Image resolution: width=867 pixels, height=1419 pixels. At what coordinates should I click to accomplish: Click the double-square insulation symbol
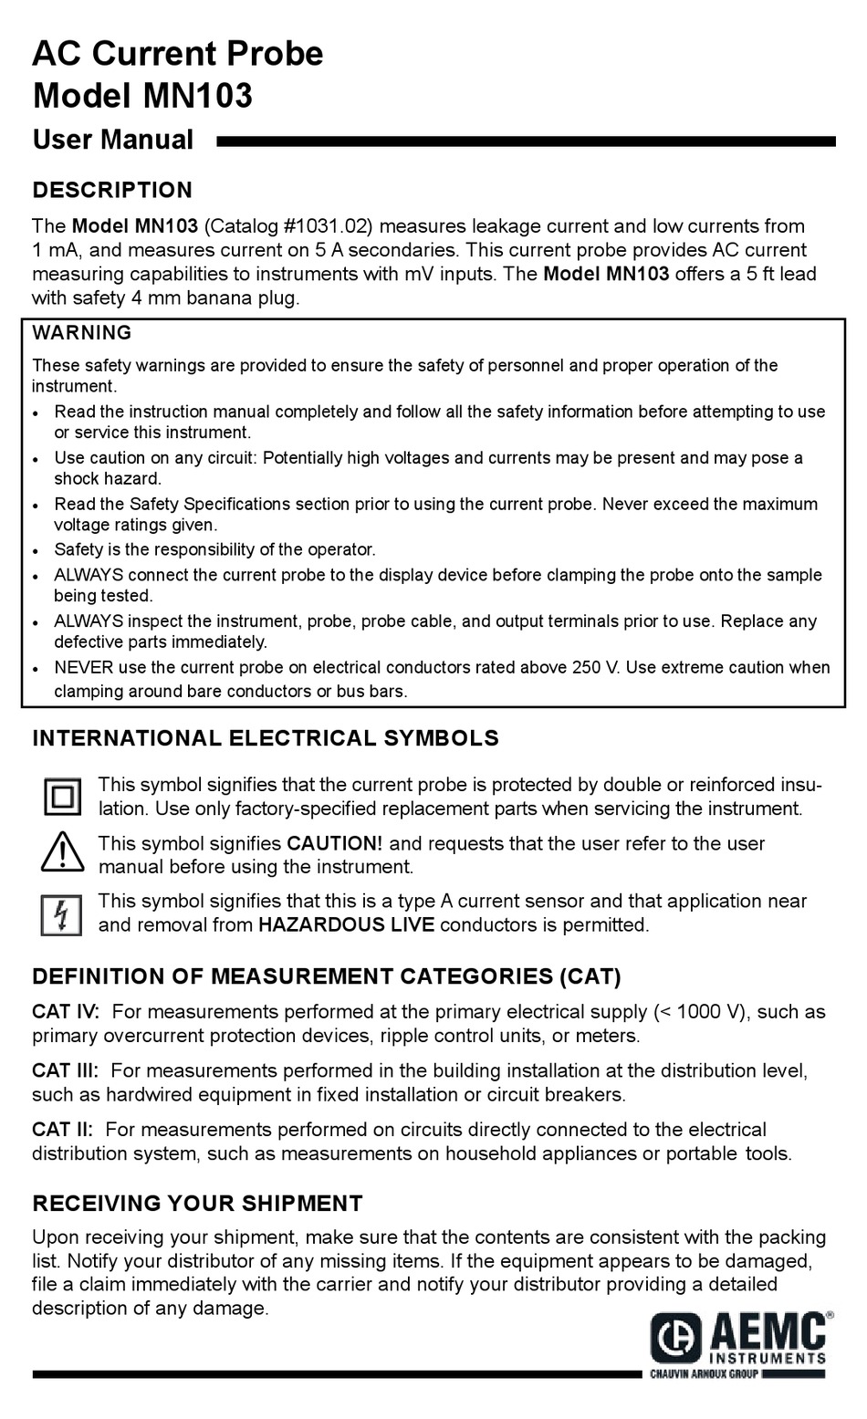click(x=62, y=797)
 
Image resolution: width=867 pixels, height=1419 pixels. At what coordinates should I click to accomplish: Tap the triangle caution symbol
click(x=62, y=853)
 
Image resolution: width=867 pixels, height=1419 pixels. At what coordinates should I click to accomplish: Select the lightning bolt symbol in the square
click(x=62, y=914)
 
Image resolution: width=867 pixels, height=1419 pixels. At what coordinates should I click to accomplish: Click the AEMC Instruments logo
click(x=740, y=1339)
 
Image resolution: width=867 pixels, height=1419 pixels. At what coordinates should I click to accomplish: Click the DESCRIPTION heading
click(x=112, y=190)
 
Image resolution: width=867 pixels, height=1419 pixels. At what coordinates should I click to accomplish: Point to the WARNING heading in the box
click(x=82, y=333)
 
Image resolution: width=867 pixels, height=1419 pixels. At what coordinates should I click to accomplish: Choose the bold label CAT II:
click(x=62, y=1130)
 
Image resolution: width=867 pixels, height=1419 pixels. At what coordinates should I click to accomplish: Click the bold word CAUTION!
click(x=335, y=844)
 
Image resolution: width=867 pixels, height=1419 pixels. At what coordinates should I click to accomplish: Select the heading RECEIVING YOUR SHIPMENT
click(x=197, y=1204)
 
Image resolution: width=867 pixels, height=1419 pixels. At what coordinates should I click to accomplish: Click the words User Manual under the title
click(x=113, y=140)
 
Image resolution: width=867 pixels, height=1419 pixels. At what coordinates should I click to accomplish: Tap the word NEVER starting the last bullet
click(x=84, y=668)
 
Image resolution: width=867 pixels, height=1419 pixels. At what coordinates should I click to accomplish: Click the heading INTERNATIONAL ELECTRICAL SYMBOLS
click(x=266, y=738)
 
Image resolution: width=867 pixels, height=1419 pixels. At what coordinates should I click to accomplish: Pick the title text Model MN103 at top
click(x=142, y=95)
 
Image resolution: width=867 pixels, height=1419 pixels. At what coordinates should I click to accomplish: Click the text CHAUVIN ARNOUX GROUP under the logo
click(x=704, y=1374)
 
